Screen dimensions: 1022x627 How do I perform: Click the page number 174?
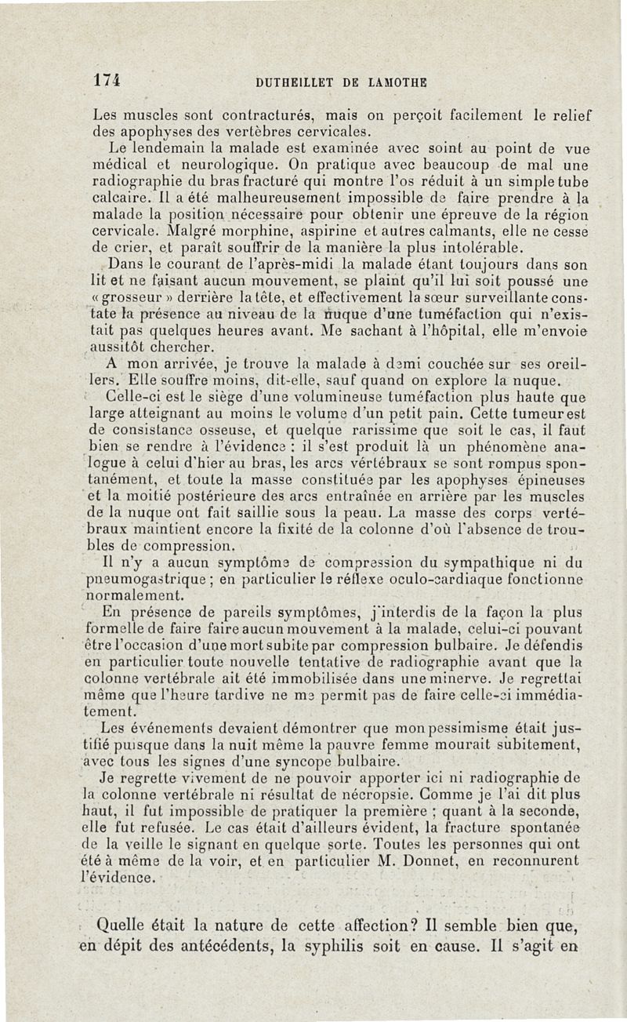pyautogui.click(x=105, y=79)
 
